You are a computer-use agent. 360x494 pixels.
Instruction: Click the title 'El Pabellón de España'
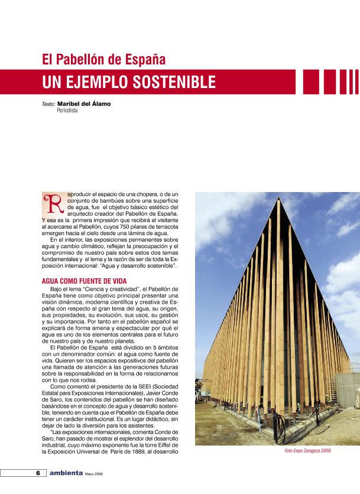pos(103,59)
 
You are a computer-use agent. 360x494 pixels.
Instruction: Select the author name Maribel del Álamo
pos(83,104)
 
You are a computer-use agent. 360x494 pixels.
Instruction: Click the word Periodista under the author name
pos(67,110)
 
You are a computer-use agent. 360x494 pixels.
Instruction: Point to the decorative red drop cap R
pos(52,202)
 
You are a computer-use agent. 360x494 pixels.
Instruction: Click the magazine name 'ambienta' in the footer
pos(66,473)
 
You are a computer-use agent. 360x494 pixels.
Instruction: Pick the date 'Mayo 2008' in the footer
pos(95,474)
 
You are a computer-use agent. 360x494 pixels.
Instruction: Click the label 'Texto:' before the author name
pos(48,104)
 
